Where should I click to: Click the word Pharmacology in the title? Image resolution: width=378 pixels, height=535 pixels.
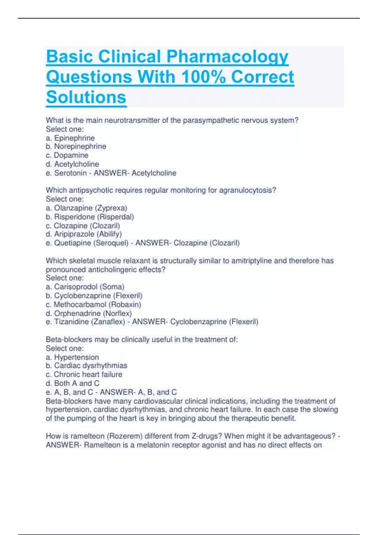227,57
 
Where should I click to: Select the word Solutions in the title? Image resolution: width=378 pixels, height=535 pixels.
86,97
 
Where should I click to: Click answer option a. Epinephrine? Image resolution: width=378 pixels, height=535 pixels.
70,138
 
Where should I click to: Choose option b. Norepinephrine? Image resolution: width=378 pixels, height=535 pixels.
76,146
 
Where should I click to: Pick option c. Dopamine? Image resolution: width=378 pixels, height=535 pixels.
67,155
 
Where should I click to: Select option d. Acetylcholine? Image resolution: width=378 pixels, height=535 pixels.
72,164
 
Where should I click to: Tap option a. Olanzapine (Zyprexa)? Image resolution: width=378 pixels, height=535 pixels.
87,208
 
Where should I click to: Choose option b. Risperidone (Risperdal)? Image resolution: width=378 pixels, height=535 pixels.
90,217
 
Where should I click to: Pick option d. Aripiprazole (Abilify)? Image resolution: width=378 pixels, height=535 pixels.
84,234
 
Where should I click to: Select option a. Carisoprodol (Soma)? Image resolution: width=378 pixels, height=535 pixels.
85,287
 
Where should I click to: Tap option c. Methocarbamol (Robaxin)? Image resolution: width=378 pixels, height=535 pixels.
94,305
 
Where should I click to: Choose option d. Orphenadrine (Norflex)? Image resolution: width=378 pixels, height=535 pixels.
89,313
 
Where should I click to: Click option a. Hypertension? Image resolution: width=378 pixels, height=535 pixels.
72,358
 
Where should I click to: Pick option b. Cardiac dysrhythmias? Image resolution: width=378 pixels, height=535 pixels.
87,366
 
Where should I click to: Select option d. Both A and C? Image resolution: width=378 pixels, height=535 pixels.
73,383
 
